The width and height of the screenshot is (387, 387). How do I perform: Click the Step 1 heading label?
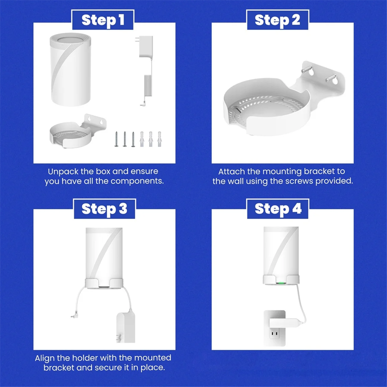(103, 20)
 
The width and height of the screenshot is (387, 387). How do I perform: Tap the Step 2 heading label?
(277, 20)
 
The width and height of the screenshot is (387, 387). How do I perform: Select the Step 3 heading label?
(104, 209)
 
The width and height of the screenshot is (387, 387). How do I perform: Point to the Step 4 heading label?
(278, 209)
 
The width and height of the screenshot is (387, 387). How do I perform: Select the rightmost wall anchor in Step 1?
(159, 139)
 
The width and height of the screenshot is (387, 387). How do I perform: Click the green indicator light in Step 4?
(281, 283)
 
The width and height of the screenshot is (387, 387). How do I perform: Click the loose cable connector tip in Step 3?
(73, 317)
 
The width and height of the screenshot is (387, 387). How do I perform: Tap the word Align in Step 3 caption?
(45, 358)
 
